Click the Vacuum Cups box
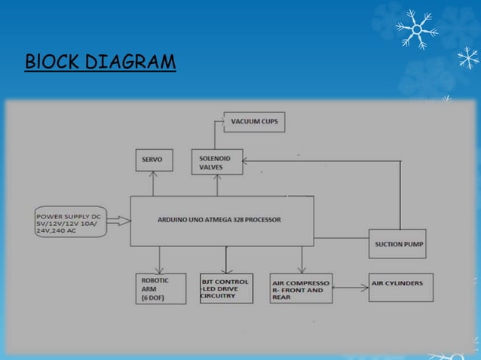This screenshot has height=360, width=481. coord(254,121)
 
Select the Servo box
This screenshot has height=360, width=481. coord(153,160)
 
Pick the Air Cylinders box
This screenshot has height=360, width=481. coord(400,287)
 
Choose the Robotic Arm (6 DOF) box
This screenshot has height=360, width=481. coord(159,289)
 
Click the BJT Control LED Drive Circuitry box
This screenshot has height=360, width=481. coord(225,289)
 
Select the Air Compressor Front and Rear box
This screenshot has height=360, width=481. coord(301,289)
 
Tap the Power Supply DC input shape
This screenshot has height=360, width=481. coord(69,220)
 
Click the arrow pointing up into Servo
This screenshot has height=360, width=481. coord(153,185)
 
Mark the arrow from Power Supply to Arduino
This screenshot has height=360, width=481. coord(119,221)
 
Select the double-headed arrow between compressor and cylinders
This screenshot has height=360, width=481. coord(351,287)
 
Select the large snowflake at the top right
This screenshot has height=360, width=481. coord(416,29)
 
